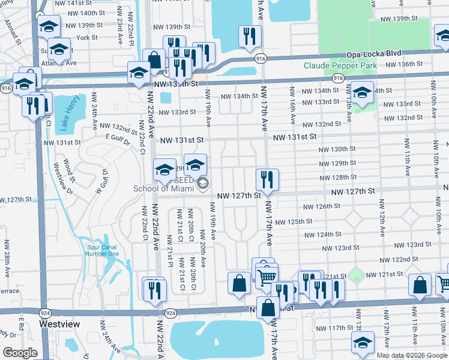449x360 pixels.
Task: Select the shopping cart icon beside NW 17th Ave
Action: pyautogui.click(x=267, y=275)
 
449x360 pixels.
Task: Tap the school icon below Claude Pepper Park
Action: pyautogui.click(x=362, y=93)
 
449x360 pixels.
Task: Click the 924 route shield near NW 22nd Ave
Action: pyautogui.click(x=170, y=313)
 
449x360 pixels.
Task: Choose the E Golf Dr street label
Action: pyautogui.click(x=118, y=137)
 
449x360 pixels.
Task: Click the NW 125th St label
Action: pyautogui.click(x=294, y=222)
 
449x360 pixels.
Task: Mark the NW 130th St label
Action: pyautogui.click(x=337, y=149)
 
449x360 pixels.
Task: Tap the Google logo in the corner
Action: pyautogui.click(x=20, y=353)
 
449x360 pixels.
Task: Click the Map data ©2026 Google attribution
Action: pyautogui.click(x=411, y=355)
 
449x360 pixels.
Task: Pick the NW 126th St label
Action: pyautogui.click(x=321, y=206)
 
